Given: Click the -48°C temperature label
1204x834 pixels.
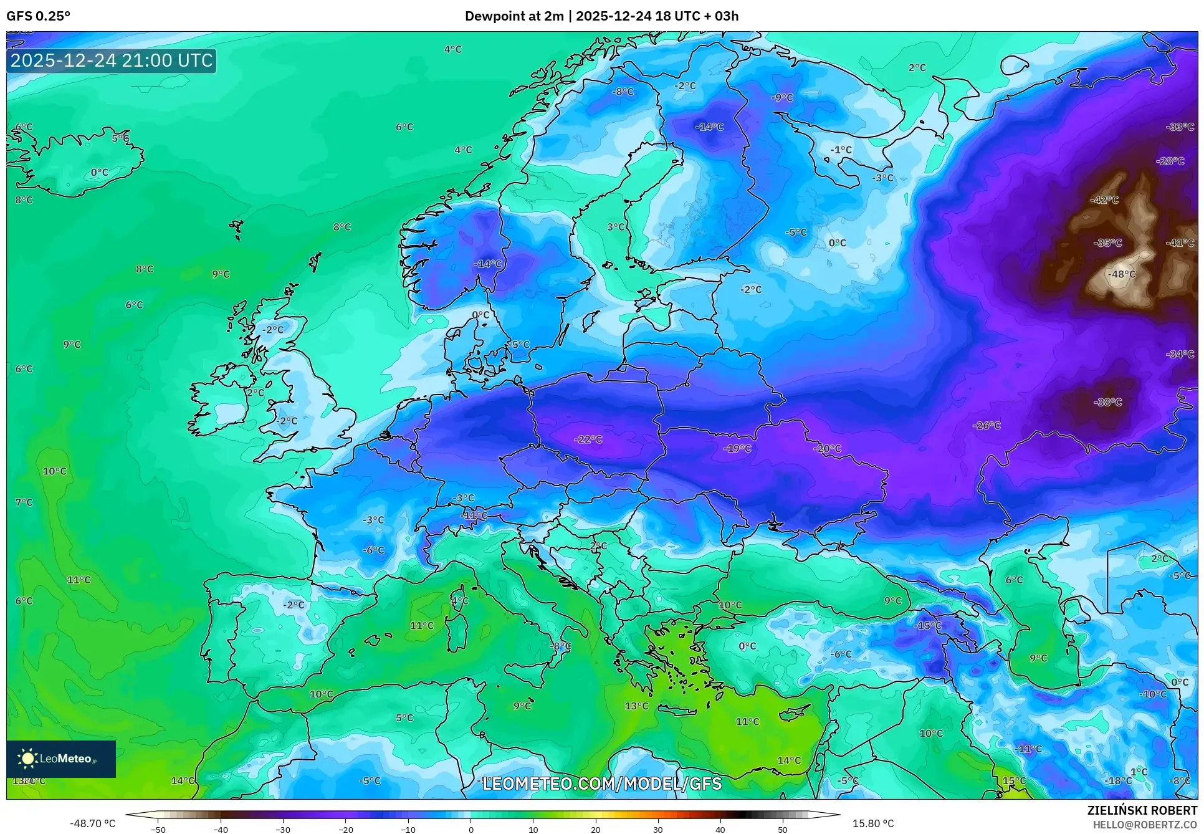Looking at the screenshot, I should coord(1122,274).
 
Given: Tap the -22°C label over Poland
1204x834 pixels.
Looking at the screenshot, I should coord(588,439).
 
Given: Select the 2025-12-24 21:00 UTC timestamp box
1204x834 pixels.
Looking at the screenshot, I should coord(112,60).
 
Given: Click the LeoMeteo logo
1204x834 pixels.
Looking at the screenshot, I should coord(60,759).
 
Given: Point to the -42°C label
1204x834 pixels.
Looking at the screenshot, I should coord(1104,200).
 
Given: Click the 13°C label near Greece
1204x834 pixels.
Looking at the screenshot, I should coord(636,706).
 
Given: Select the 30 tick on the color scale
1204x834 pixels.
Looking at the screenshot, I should coord(658,830).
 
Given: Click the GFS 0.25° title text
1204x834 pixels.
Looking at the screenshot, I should coord(38,16).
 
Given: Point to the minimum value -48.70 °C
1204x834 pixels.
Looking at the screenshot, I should coord(92,823).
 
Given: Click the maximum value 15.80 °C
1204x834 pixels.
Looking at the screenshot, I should coord(872,823).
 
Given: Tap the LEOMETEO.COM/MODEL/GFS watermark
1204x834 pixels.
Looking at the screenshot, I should coord(601,784).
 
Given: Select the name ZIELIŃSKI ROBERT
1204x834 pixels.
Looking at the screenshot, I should coord(1142,810).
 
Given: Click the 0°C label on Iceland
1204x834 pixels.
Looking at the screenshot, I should coord(99,173).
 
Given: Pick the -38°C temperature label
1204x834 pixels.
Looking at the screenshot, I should coord(1107,402).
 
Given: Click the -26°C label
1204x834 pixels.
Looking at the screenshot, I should coord(987,426).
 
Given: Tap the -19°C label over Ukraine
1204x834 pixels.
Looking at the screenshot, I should coord(737,448).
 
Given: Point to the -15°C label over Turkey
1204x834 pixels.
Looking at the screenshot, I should coord(927,626).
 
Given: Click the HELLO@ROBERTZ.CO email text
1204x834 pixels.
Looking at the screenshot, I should coord(1145,825).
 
